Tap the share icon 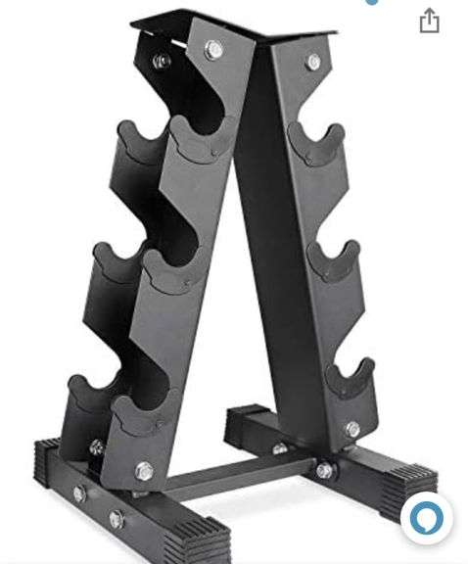(x=429, y=22)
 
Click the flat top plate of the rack (x=235, y=26)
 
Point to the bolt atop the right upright (x=313, y=62)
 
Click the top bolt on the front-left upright (x=213, y=49)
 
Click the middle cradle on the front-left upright (x=166, y=270)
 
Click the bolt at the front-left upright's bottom (x=144, y=471)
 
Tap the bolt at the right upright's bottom (x=351, y=430)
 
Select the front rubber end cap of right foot (x=406, y=480)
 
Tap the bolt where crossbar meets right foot (x=323, y=471)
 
